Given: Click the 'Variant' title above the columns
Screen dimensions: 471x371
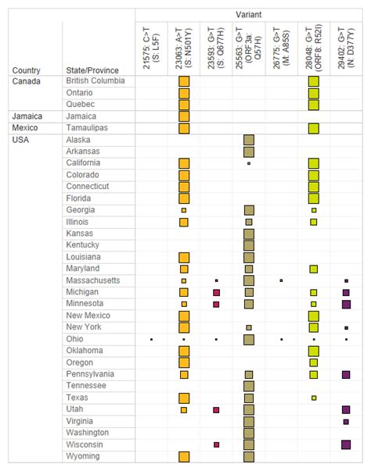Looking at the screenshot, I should coord(249,15).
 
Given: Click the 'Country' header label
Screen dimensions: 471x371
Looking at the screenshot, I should coord(26,70).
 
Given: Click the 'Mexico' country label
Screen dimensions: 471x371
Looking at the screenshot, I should coord(25,128).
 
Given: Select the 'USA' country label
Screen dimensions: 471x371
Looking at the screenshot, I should coord(20,140).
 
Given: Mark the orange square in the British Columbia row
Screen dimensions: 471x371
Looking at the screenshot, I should coord(184,81).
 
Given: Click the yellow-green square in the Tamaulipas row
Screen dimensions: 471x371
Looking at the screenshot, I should coord(314,128).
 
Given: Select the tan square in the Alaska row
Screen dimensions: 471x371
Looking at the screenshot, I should coord(249,140).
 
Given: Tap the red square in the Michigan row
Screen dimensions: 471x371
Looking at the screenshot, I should coord(216,292).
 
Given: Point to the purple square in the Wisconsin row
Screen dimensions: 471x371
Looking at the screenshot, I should coord(346,444).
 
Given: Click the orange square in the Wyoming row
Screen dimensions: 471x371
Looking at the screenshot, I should coord(184,456).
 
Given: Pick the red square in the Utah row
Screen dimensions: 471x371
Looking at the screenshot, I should coord(216,409).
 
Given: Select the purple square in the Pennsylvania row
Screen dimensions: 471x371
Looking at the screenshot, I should coord(346,374).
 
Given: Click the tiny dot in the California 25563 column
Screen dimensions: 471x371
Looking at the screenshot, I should coord(249,163).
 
